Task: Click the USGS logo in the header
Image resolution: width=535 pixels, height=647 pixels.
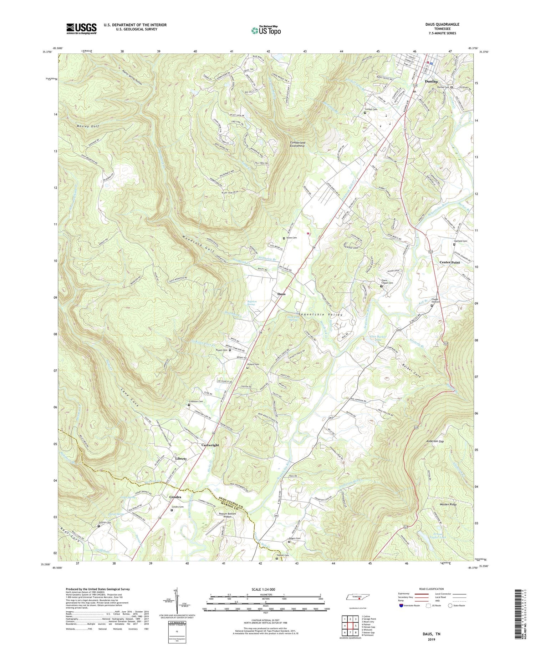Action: (x=81, y=29)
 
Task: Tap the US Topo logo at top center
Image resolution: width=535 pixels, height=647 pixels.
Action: (x=266, y=31)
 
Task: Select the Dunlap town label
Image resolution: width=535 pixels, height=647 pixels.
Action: (x=431, y=81)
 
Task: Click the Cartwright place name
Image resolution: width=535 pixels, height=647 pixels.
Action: (x=210, y=445)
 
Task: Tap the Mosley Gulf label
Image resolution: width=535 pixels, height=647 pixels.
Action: (x=87, y=126)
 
